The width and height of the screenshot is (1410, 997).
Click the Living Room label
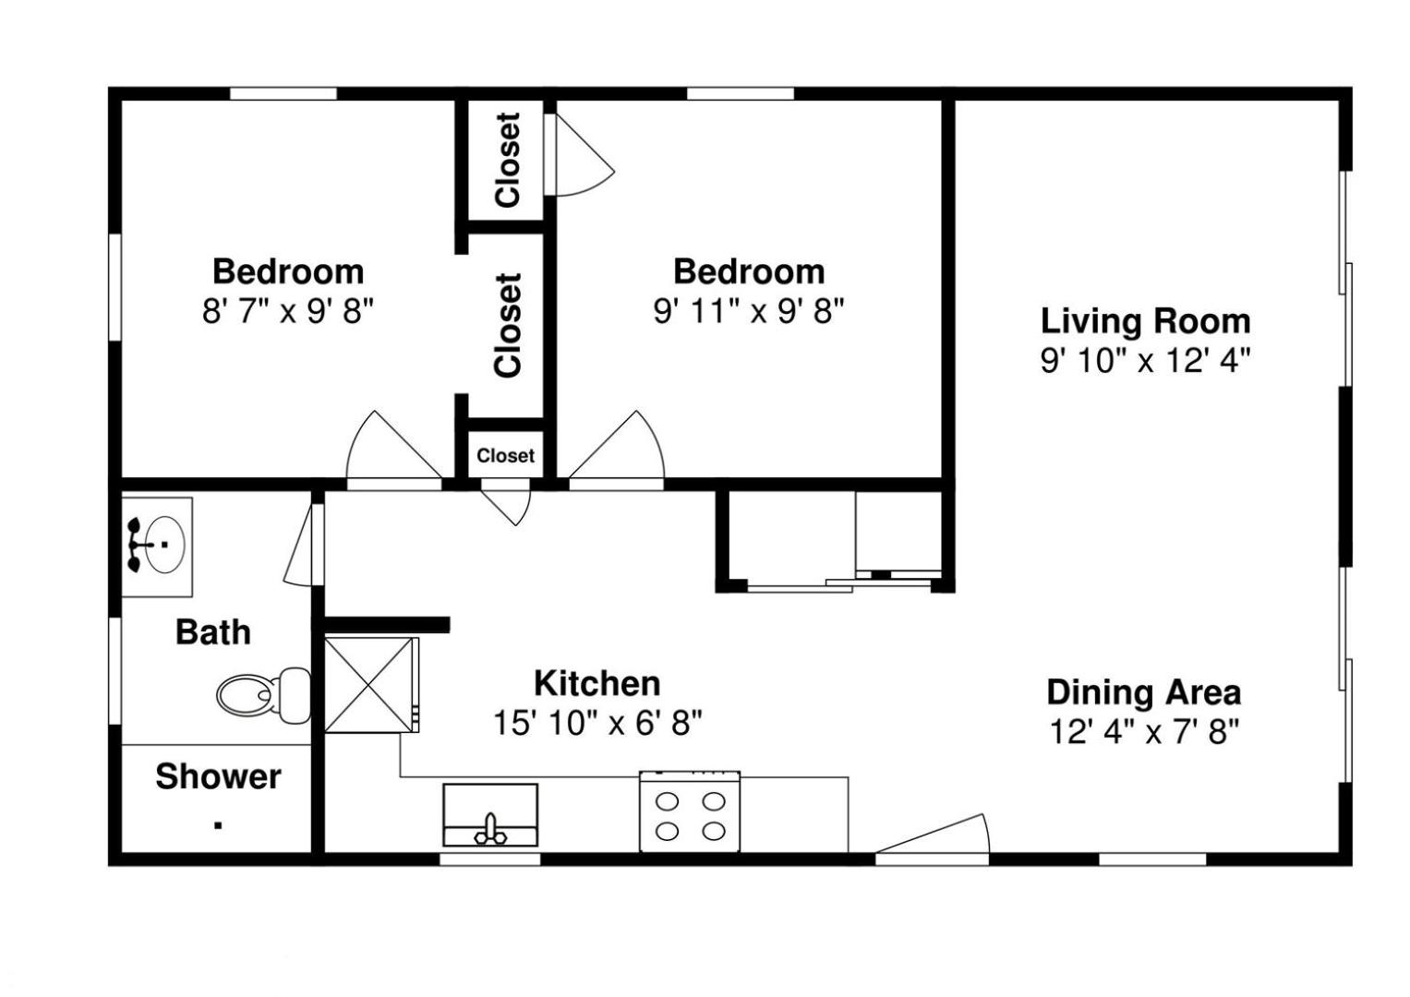[x=1145, y=321]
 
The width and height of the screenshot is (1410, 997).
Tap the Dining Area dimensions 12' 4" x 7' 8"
[x=1144, y=732]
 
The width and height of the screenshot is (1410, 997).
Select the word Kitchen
[x=597, y=683]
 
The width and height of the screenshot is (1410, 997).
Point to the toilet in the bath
[x=263, y=695]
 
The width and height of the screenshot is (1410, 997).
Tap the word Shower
[x=219, y=776]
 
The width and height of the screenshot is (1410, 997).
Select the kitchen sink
[x=490, y=814]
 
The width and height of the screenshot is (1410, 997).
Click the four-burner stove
[x=690, y=811]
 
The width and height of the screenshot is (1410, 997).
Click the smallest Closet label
[x=505, y=455]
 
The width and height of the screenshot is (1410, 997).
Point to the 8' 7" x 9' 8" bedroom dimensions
[x=288, y=311]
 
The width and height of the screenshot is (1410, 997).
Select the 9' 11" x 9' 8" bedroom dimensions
[x=749, y=311]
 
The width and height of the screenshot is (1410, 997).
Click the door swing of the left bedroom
[x=393, y=446]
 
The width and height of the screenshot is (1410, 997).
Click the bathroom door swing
[x=298, y=545]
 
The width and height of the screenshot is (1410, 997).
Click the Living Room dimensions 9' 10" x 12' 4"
[x=1145, y=361]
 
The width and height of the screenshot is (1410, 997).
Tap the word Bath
[x=213, y=632]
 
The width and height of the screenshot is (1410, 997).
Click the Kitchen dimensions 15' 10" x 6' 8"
[x=597, y=723]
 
